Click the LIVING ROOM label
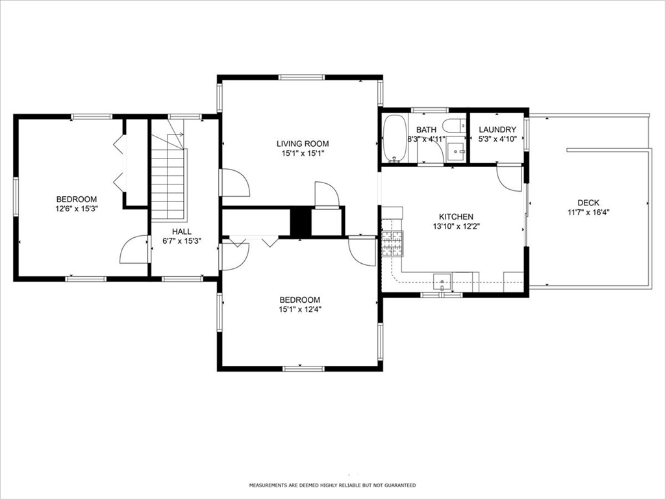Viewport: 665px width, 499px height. (303, 144)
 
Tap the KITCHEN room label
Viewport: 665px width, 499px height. (456, 216)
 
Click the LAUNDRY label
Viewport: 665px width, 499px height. (497, 130)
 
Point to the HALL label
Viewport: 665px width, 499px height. (181, 231)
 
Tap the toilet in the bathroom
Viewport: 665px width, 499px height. (452, 126)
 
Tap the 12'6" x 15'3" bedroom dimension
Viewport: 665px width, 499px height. (76, 209)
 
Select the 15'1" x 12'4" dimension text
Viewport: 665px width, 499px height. (299, 309)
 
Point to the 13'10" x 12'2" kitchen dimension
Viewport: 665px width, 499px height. (456, 226)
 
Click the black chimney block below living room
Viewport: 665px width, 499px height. (300, 222)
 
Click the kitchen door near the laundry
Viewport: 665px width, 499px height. (510, 177)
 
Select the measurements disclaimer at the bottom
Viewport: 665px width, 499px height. (332, 485)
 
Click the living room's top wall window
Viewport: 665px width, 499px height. (301, 78)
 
